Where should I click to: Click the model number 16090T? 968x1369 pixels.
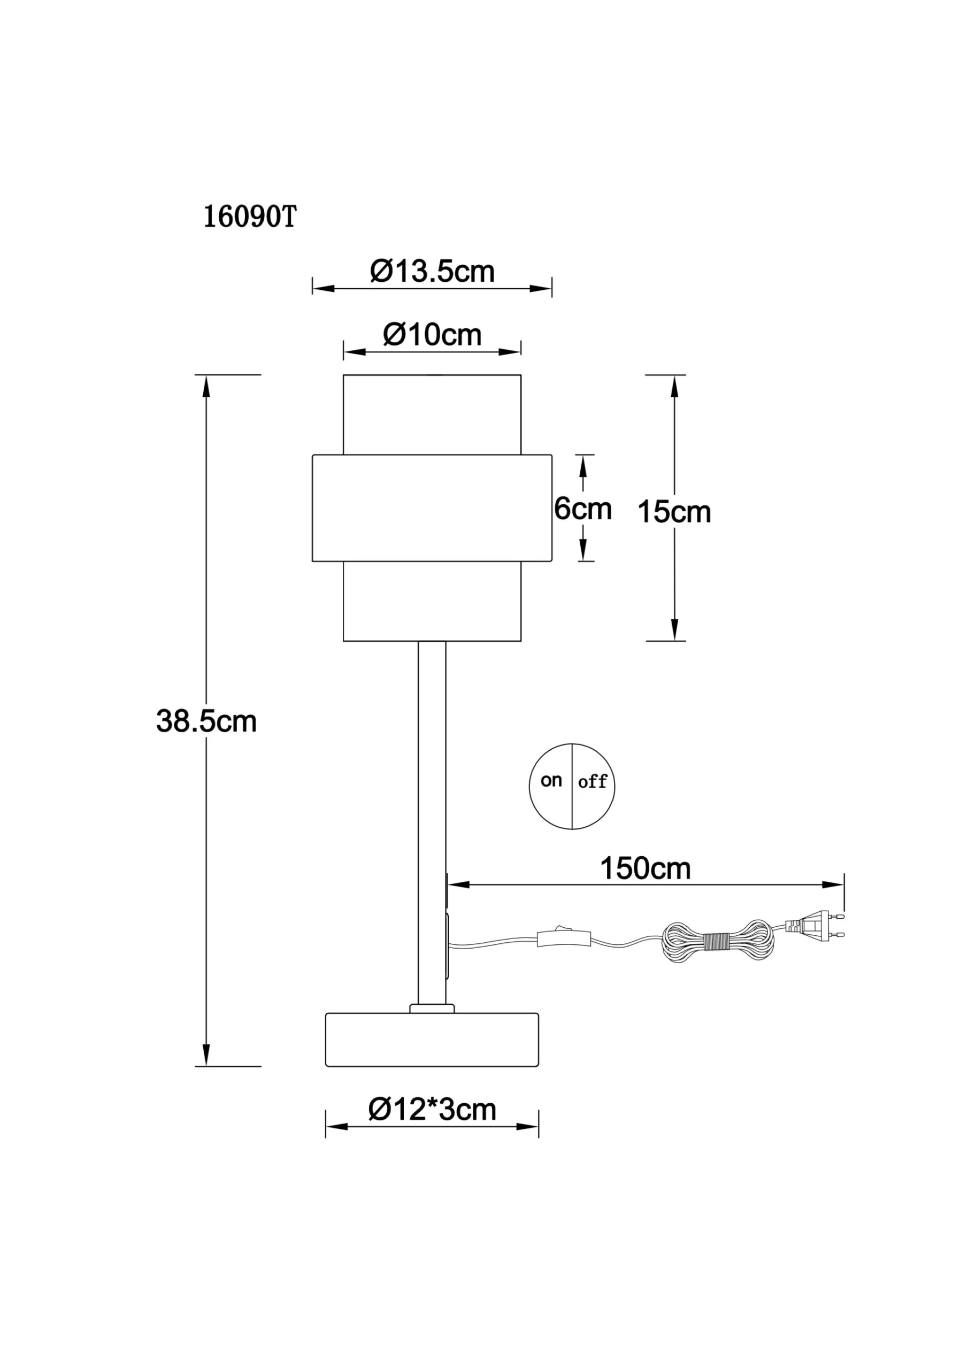tap(250, 218)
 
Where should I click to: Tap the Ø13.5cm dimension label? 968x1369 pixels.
tap(433, 272)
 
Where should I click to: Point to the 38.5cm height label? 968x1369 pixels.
tap(206, 721)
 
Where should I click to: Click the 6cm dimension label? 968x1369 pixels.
tap(583, 509)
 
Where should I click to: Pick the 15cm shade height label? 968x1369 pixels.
tap(674, 512)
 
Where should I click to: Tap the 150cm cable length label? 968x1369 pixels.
tap(646, 869)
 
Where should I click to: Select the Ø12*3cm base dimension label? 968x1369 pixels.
tap(433, 1110)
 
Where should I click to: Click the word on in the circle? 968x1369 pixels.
tap(551, 781)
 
